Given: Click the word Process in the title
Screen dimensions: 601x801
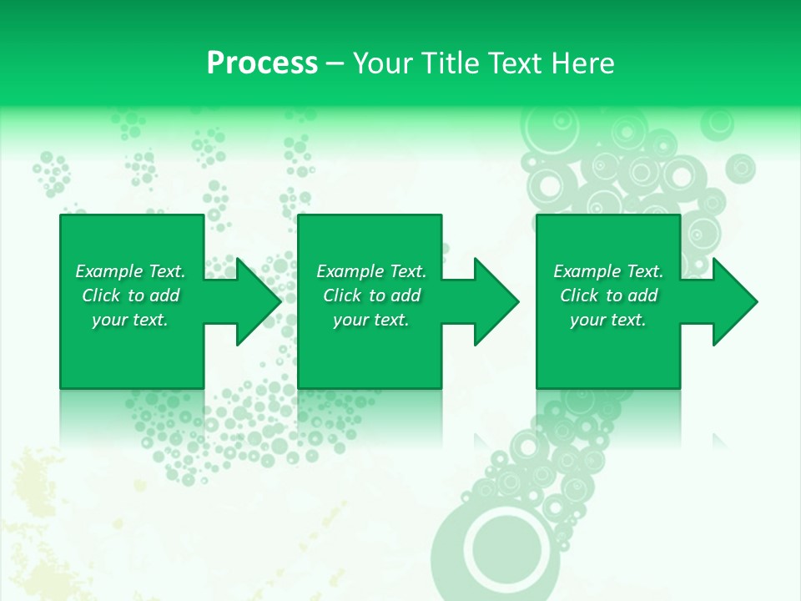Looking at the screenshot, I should click(262, 63).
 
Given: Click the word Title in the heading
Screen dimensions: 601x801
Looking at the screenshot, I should click(447, 63).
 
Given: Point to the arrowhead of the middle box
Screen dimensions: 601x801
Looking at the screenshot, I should click(493, 301).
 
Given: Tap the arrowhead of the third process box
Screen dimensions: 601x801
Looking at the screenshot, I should click(732, 301).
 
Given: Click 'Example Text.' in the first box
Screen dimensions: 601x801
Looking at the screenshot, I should click(130, 271).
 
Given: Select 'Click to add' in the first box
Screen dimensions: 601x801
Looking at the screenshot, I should click(130, 295).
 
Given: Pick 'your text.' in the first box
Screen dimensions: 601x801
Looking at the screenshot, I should click(130, 320).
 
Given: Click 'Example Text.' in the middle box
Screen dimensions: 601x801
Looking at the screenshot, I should click(371, 271).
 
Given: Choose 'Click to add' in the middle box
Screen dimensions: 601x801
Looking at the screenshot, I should click(371, 295).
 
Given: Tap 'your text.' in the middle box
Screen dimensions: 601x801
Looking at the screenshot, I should click(371, 320).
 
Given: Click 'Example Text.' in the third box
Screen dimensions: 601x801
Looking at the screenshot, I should click(608, 271).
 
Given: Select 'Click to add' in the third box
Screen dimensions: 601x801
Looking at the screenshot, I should click(608, 295).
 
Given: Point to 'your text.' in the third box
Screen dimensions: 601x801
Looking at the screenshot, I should click(608, 320).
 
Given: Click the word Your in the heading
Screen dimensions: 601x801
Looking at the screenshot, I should click(380, 63).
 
